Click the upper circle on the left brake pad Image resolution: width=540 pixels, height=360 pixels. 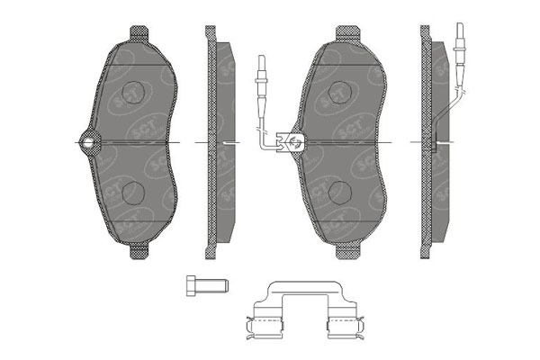tap(134, 93)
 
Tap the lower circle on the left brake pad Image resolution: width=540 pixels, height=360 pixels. tap(134, 191)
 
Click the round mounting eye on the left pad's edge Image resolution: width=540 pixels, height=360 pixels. tap(88, 141)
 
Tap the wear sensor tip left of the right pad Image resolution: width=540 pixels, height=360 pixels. tap(261, 67)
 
